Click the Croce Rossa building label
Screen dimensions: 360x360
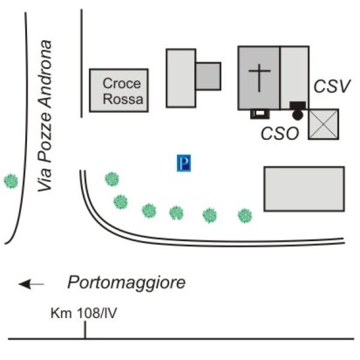point(119,91)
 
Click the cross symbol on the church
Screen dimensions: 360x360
point(259,78)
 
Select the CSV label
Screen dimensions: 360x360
point(332,86)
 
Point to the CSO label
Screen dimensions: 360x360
point(280,134)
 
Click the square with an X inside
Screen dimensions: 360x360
point(323,124)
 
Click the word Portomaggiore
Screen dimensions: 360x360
point(127,282)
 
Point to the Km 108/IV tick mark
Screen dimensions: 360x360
point(85,329)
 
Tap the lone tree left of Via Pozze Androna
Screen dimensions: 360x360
point(11,181)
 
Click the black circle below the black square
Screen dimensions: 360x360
point(298,115)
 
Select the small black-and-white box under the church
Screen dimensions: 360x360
point(259,113)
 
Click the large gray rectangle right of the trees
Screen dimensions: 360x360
point(304,189)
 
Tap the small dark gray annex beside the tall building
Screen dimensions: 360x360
point(208,76)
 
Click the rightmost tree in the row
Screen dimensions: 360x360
point(245,215)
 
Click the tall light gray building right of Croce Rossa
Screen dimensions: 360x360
point(181,78)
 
